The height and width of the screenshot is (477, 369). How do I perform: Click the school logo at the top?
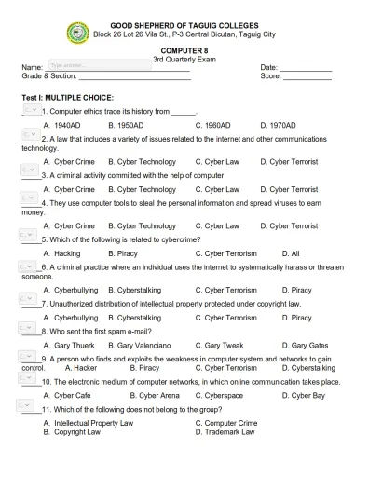point(78,33)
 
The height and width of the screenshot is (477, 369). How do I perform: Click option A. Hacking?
point(61,252)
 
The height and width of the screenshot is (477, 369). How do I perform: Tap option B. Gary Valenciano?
point(141,345)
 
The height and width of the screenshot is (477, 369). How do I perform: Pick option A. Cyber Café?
point(67,395)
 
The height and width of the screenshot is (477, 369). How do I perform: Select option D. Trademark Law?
point(232,432)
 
